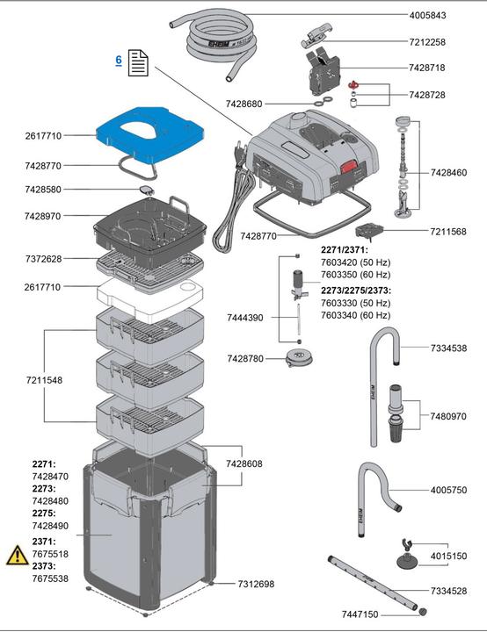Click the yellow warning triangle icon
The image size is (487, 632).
point(16,555)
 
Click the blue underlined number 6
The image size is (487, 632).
point(119,60)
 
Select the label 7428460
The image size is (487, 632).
point(448,174)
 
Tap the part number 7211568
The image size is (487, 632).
point(448,232)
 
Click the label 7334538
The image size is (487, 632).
point(448,348)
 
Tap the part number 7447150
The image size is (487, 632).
point(361,614)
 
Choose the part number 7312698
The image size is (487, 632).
point(256,584)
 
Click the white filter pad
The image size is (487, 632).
point(149,294)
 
